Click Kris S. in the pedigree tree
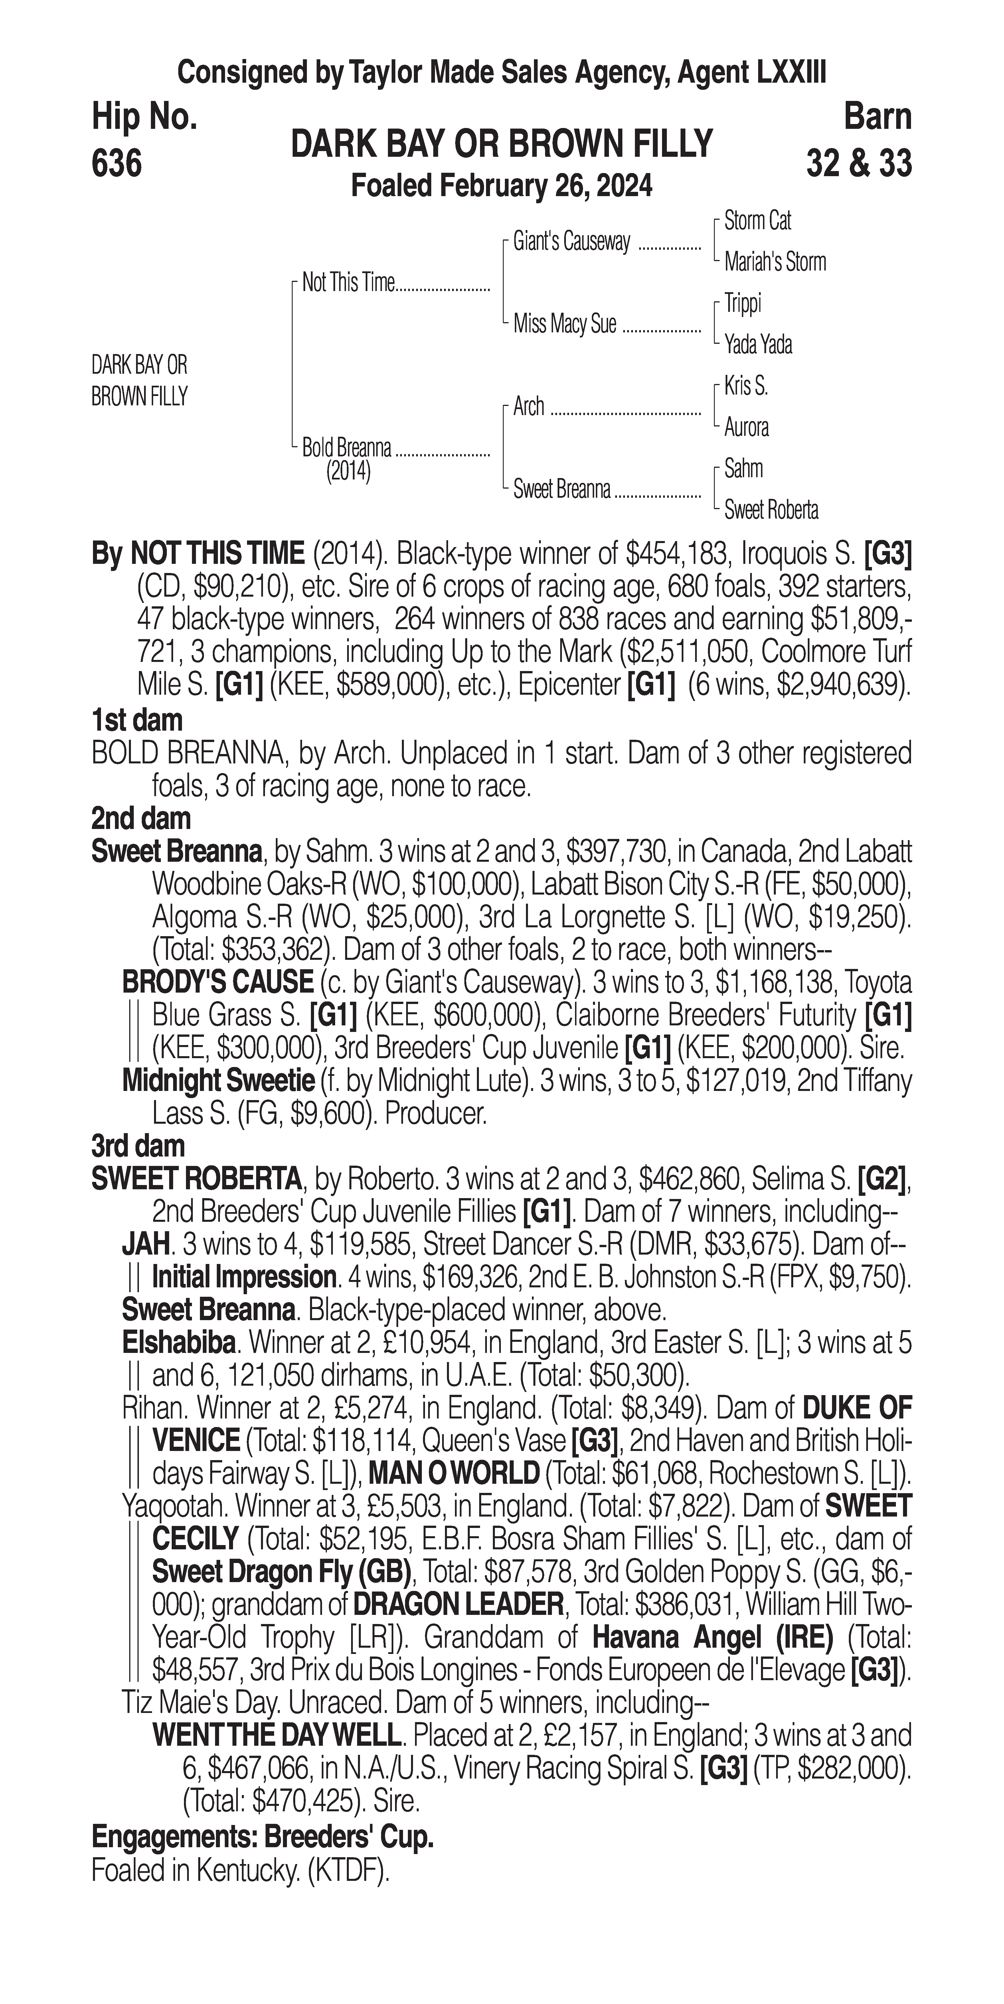(746, 386)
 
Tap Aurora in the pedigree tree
(746, 427)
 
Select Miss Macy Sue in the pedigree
(564, 324)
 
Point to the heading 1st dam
(137, 720)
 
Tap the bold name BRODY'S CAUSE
(217, 983)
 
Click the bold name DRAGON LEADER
(458, 1604)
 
